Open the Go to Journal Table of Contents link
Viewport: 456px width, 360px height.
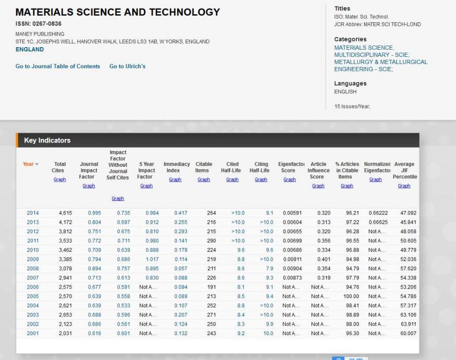58,66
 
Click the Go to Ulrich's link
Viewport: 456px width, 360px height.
127,66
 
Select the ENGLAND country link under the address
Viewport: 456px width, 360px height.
29,50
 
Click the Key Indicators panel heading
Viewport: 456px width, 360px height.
47,140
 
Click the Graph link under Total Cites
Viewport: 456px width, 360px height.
60,179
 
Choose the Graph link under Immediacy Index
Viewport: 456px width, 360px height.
175,179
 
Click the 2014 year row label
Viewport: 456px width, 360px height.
32,213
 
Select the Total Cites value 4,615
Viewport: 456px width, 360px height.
65,213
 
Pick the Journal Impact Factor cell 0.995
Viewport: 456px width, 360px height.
94,213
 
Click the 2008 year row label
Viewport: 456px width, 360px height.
32,269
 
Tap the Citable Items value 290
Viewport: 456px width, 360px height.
211,241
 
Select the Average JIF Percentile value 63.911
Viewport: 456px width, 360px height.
408,324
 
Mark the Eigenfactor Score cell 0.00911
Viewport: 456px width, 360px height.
292,259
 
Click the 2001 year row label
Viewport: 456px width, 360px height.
32,333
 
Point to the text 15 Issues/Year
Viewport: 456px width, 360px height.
352,106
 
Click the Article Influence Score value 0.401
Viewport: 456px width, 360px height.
322,259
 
